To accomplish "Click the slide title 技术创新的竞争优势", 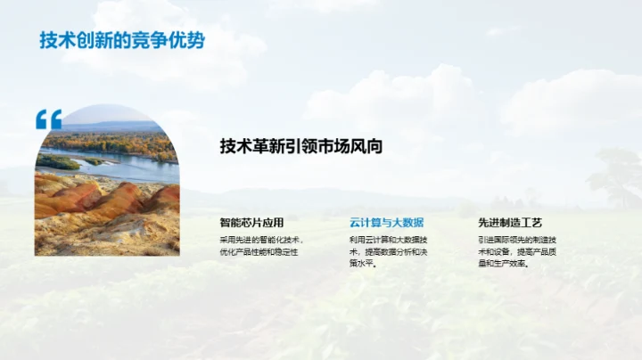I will coord(121,41).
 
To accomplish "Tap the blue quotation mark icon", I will coord(48,119).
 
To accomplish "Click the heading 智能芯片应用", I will coord(251,223).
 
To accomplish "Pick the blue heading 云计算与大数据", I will coord(386,223).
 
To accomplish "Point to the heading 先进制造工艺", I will coord(510,223).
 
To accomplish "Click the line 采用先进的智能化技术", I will coord(262,240).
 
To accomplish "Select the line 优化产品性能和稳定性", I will coord(259,252).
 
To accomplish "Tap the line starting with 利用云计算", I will coord(388,240).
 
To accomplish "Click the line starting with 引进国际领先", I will coord(517,240).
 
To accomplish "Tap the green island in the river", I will coord(59,163).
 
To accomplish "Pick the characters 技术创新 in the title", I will coord(68,41).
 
